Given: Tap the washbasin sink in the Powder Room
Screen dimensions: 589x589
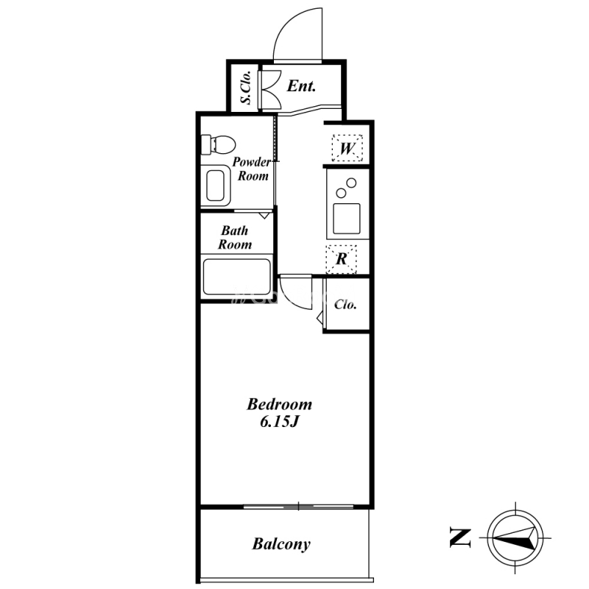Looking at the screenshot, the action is click(x=215, y=186).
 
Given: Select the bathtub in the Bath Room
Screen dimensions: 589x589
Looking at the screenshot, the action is click(x=236, y=276).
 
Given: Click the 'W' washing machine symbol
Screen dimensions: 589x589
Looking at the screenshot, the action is click(x=347, y=148).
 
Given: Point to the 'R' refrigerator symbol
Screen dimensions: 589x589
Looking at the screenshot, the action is click(x=341, y=259).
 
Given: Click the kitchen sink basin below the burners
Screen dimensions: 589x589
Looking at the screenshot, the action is click(x=347, y=219).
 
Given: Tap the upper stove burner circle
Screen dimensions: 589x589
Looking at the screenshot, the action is click(x=351, y=183).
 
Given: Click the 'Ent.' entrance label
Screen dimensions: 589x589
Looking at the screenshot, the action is click(x=301, y=86).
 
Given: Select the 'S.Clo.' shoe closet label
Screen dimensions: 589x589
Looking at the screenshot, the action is click(x=245, y=88).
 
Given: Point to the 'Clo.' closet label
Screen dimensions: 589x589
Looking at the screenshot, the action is click(x=345, y=304).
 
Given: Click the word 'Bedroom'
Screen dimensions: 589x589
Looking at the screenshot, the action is click(x=280, y=404).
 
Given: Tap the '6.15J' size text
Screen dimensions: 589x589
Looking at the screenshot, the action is click(x=280, y=422).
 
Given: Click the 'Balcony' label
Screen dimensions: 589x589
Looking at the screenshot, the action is click(x=281, y=544).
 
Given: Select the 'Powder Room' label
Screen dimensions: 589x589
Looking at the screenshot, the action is click(x=252, y=169).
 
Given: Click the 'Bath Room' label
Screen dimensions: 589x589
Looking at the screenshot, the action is click(x=235, y=237).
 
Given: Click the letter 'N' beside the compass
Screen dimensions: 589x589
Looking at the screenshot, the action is click(x=460, y=537).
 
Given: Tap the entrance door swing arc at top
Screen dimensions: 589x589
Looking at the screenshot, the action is click(x=286, y=27).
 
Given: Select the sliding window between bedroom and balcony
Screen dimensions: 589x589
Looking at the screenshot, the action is click(x=299, y=507).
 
